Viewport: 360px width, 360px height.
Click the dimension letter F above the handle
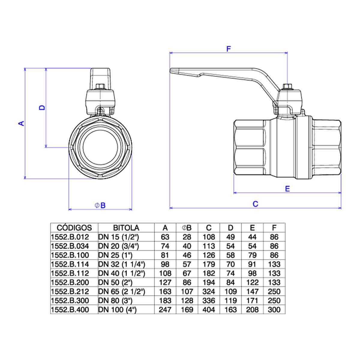point(229,49)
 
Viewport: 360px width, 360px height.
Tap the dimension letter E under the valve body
point(287,189)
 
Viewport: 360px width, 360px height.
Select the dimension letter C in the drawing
point(255,204)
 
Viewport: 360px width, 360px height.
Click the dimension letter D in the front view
point(42,107)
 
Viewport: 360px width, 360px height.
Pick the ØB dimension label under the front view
point(100,205)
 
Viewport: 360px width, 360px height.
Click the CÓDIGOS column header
point(74,228)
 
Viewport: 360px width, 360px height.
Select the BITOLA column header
point(126,228)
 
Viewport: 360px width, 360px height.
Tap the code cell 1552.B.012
point(70,237)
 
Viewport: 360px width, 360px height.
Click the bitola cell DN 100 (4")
point(117,310)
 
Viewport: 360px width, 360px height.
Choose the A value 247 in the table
point(165,310)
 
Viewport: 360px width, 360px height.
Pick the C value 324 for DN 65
point(209,291)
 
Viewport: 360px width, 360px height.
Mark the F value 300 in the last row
point(274,310)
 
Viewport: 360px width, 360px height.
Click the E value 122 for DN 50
point(252,282)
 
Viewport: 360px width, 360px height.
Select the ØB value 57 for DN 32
point(187,264)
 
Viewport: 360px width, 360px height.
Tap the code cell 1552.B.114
point(70,264)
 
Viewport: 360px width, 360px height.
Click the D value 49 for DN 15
point(230,237)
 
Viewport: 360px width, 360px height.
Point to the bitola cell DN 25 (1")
point(115,255)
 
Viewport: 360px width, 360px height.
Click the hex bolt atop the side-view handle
point(286,87)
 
